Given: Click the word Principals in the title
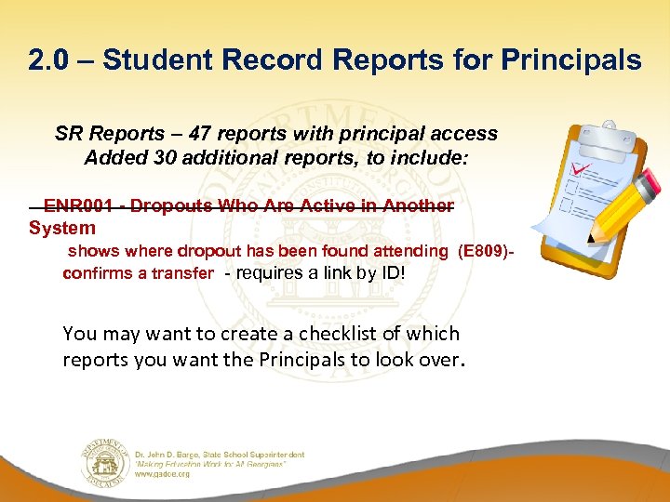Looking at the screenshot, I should point(570,60).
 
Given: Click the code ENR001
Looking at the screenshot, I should point(82,205).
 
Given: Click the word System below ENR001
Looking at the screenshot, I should point(61,228).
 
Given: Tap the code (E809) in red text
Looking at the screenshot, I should point(483,251).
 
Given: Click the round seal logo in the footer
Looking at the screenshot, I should point(105,461).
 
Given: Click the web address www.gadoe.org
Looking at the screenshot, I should point(163,474).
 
